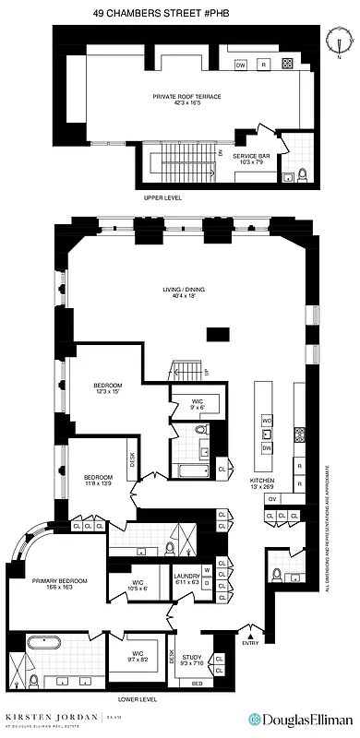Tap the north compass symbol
coord(340,41)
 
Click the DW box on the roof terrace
coord(240,65)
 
